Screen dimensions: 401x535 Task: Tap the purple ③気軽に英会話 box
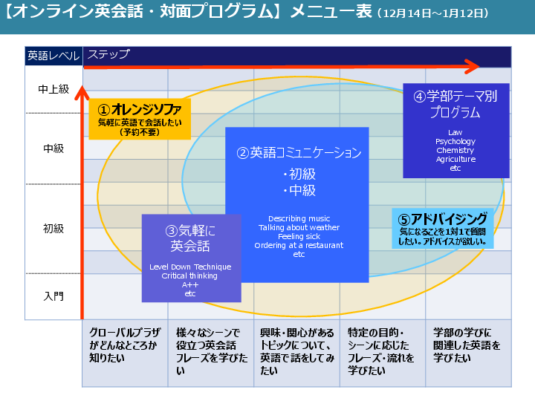click(191, 238)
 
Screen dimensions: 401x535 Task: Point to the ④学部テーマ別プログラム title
click(455, 105)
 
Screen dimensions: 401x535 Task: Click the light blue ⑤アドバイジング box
click(442, 228)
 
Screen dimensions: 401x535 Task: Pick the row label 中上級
click(53, 89)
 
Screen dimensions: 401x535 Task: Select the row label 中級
click(53, 149)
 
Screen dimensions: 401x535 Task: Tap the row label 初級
click(53, 229)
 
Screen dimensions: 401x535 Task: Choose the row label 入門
click(53, 296)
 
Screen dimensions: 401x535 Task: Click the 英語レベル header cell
click(53, 55)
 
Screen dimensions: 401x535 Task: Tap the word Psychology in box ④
click(455, 142)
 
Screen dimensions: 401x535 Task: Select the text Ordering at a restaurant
click(299, 245)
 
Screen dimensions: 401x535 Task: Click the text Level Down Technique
click(190, 267)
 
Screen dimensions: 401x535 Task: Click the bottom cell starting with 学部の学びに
click(467, 345)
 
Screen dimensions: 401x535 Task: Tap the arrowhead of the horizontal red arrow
click(472, 68)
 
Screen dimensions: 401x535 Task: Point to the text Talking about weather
click(299, 227)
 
